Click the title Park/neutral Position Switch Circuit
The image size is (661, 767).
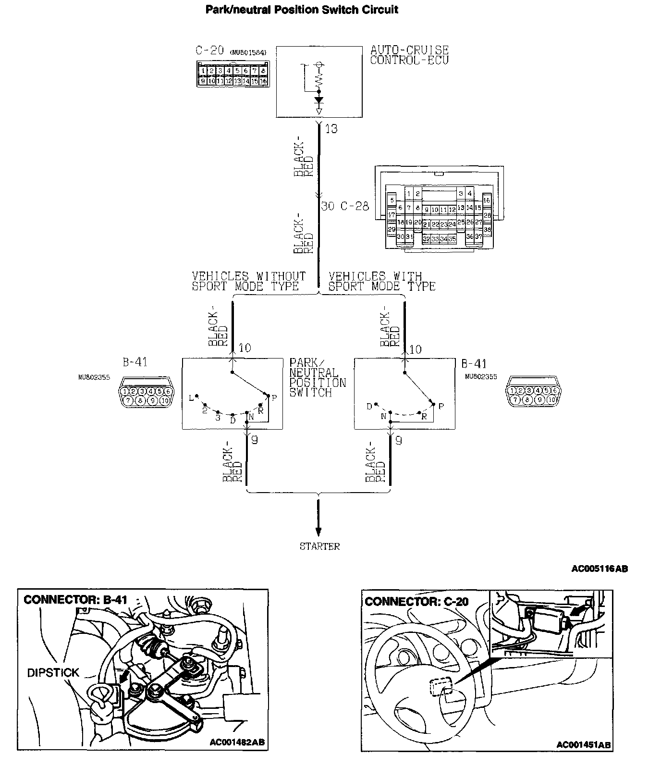click(x=302, y=10)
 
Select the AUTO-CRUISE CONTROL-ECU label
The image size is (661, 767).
click(x=409, y=55)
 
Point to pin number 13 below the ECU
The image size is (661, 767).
click(x=331, y=129)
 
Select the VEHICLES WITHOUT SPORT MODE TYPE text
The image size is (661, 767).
click(x=248, y=281)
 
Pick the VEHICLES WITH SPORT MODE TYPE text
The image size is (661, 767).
click(x=381, y=281)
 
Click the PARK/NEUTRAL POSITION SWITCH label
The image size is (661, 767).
click(x=317, y=377)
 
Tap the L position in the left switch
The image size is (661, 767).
click(x=191, y=397)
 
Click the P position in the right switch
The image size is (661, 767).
click(x=441, y=406)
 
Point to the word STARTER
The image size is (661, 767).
click(x=319, y=546)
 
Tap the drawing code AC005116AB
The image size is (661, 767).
click(x=599, y=569)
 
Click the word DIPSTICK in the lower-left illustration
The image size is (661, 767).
click(x=53, y=672)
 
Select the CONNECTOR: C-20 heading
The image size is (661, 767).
click(x=416, y=601)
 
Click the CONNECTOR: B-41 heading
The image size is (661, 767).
click(x=75, y=599)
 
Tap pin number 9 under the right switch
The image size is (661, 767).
click(x=398, y=440)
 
